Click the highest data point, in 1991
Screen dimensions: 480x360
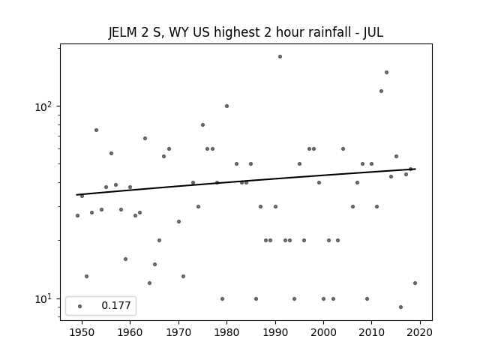(x=280, y=57)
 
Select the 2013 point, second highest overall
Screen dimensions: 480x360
(x=386, y=73)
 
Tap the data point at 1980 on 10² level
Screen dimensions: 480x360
(x=226, y=106)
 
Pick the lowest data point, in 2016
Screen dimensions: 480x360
(x=400, y=307)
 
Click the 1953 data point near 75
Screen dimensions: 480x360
(x=96, y=130)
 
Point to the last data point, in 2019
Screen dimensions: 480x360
(x=415, y=283)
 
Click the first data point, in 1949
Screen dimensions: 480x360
(x=77, y=215)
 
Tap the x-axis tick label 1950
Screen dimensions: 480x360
(x=82, y=332)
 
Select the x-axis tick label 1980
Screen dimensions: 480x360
(x=226, y=332)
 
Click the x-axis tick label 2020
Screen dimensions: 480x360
(x=420, y=332)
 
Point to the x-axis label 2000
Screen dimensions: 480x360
(x=323, y=332)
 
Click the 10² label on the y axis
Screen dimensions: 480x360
(x=43, y=106)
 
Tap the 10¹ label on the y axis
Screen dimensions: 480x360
(x=43, y=299)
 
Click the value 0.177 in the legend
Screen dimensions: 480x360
(x=116, y=305)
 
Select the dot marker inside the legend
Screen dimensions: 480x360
(x=79, y=306)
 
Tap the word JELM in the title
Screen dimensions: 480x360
(x=123, y=32)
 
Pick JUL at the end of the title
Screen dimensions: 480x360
(x=373, y=32)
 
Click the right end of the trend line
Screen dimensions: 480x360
(x=415, y=169)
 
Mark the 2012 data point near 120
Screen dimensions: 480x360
(x=381, y=91)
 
